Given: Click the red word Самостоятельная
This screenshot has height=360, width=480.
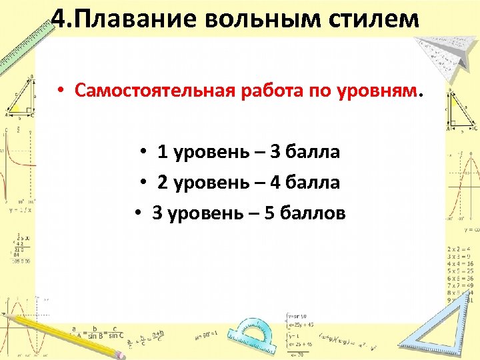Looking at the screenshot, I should [153, 91].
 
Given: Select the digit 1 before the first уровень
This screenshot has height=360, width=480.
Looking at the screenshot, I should [162, 152].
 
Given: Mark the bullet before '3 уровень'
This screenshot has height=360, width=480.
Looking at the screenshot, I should [135, 213].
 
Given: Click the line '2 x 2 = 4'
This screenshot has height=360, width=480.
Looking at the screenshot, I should [460, 248].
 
